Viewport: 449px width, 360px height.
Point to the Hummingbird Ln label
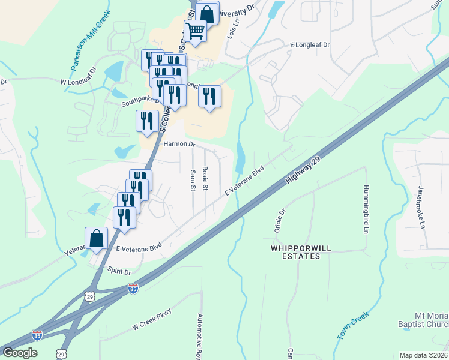pos(365,209)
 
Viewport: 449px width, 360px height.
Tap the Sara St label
pos(193,180)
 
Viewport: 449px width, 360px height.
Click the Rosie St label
pos(205,179)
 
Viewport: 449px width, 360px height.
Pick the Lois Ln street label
pos(232,29)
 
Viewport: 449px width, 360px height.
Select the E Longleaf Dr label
pos(310,45)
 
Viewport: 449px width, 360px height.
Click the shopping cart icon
pos(196,30)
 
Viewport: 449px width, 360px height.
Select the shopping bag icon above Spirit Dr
pos(97,238)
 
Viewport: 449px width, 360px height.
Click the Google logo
pos(20,352)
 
